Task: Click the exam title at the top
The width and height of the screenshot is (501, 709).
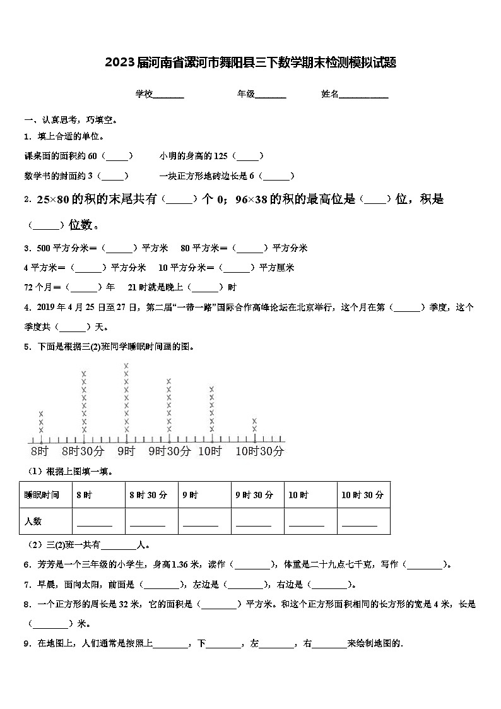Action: tap(250, 63)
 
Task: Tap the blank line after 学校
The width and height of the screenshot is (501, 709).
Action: tap(168, 95)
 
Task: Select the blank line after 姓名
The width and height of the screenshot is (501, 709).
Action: tap(364, 95)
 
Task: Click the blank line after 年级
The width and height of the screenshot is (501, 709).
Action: tap(271, 95)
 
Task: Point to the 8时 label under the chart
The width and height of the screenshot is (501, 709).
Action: tap(40, 451)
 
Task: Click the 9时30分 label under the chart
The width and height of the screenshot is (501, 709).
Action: tap(169, 451)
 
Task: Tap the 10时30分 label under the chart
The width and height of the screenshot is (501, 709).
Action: tap(259, 451)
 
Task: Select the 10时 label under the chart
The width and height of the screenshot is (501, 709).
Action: tap(210, 451)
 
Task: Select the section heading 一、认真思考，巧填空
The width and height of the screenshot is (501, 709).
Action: tap(69, 119)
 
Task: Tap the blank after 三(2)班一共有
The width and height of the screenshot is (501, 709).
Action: tap(119, 545)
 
